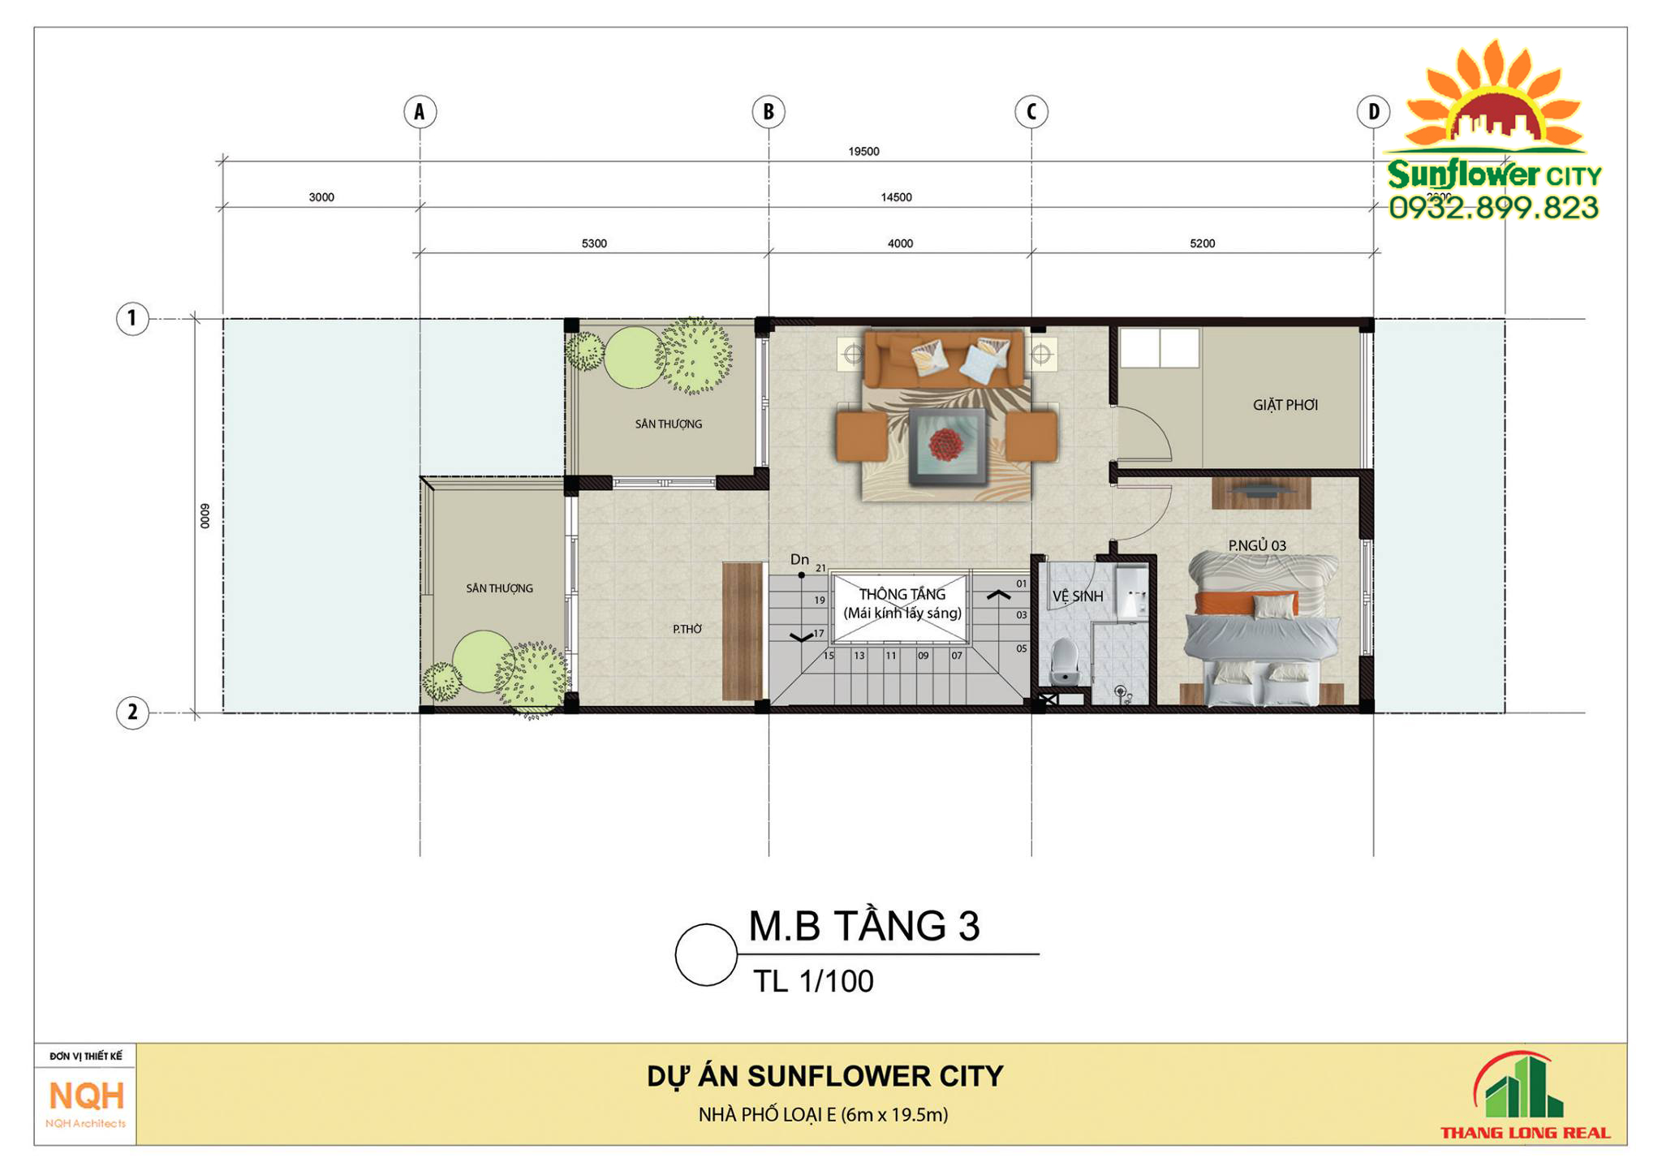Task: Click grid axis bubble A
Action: [x=420, y=111]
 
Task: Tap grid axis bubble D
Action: [x=1373, y=111]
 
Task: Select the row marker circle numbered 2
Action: [x=132, y=712]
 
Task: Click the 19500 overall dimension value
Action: [x=863, y=152]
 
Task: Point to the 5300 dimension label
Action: [x=594, y=243]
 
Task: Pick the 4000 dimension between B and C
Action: [x=900, y=243]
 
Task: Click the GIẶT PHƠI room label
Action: [x=1285, y=405]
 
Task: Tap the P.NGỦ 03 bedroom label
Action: [x=1256, y=545]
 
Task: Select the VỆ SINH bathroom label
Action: [x=1078, y=596]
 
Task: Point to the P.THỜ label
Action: [x=687, y=629]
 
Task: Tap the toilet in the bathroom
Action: [x=1063, y=659]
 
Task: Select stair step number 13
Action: [x=859, y=656]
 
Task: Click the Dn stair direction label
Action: [x=799, y=559]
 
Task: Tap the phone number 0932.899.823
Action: [x=1493, y=209]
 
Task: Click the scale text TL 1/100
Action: [x=813, y=982]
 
